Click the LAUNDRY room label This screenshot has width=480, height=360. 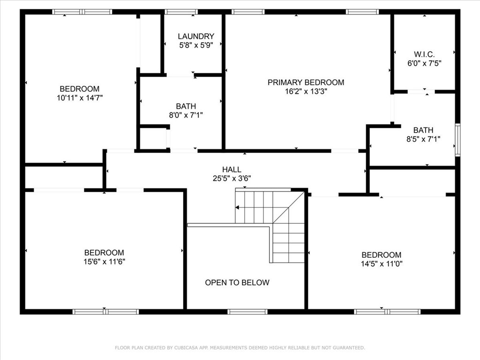196,36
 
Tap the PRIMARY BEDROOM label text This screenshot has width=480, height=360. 306,82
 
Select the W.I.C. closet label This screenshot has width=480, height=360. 424,53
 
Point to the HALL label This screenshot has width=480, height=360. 232,169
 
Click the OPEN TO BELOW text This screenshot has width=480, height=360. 237,283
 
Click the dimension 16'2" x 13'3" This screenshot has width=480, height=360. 306,91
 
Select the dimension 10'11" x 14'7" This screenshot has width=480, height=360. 79,97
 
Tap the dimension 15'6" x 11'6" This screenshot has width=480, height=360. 104,262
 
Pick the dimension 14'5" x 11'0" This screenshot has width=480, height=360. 382,263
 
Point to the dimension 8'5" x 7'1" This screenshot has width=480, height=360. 423,139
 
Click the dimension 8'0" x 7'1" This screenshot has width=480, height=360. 186,115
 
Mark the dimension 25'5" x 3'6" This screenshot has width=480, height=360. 232,178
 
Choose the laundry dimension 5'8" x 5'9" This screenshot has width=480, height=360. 196,45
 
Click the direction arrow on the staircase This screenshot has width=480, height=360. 238,207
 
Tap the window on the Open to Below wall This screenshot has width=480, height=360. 247,311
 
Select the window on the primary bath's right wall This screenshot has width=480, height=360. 457,140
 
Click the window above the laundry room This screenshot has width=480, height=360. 181,12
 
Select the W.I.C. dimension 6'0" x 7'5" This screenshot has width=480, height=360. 424,62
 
